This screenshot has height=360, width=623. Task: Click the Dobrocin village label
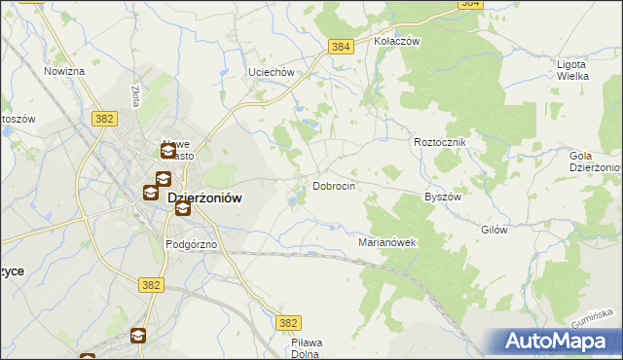point(333,186)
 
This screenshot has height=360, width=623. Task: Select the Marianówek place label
point(387,242)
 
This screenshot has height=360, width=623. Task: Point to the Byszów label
point(442,196)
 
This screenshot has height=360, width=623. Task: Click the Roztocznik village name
point(441,142)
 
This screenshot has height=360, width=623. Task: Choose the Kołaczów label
point(396,42)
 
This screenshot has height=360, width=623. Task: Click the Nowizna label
point(64,71)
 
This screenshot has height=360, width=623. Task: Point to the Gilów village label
point(495,231)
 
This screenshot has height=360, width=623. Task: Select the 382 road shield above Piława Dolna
point(287,323)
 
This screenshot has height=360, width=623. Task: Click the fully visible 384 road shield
point(340,46)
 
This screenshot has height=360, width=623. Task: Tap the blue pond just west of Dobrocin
point(291,201)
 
